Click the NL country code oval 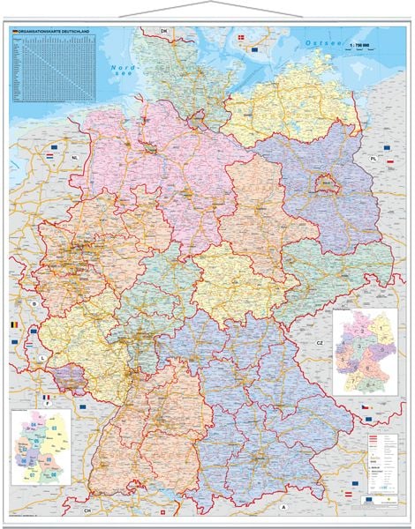click(75, 158)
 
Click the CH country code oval click(87, 510)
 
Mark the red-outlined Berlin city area click(326, 183)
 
